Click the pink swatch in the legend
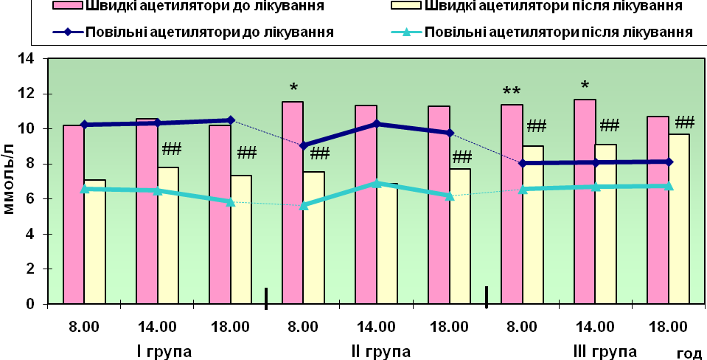[x=68, y=7]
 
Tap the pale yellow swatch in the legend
[x=405, y=7]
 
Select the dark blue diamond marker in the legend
[x=68, y=32]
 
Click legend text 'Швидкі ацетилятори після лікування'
[x=553, y=7]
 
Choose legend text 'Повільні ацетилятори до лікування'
[x=209, y=32]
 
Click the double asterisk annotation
[x=512, y=92]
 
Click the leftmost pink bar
[x=74, y=214]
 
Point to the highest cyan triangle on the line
[x=377, y=183]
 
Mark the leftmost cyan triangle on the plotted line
[x=84, y=189]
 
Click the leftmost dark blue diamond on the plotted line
[x=84, y=125]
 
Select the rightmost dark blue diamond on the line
[x=669, y=162]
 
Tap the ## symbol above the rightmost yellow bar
[x=685, y=122]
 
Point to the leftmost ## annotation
[x=172, y=149]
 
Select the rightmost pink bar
[x=658, y=210]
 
